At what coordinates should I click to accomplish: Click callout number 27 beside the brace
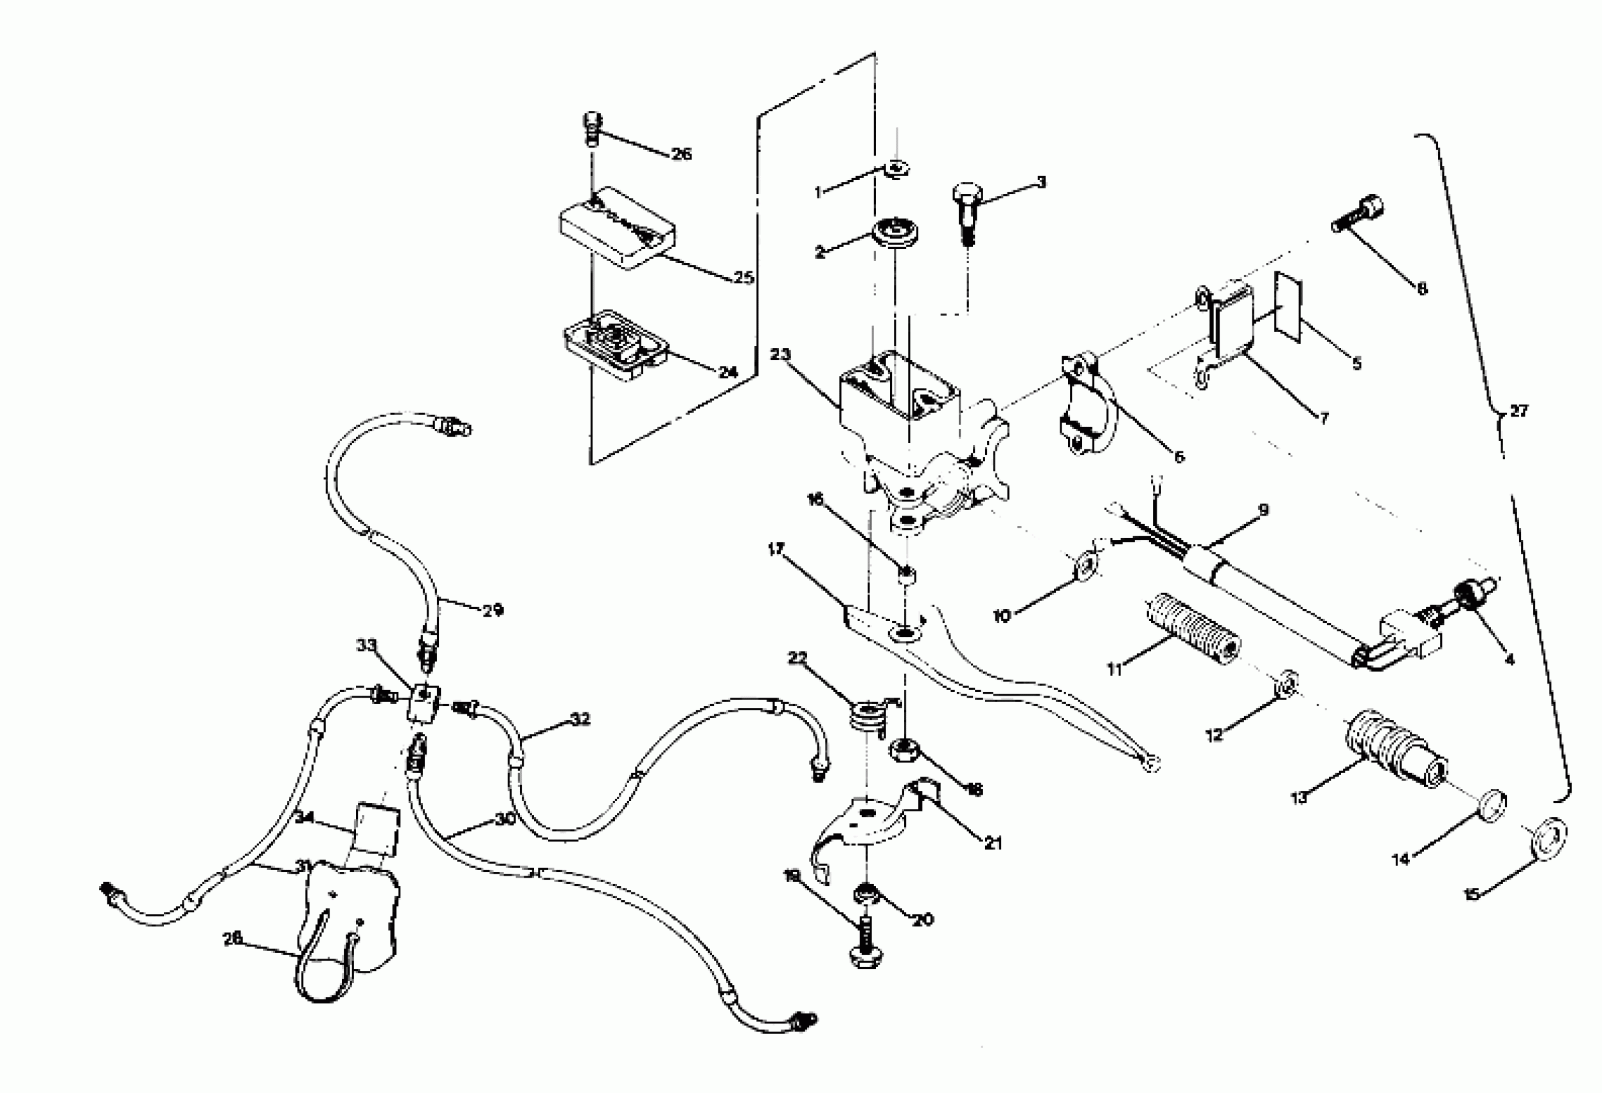[1519, 411]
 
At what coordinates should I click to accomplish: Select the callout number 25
[743, 278]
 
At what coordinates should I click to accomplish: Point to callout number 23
[780, 354]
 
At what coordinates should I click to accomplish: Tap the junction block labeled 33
[425, 703]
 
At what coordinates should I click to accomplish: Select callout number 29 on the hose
[492, 610]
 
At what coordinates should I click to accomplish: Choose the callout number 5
[1357, 363]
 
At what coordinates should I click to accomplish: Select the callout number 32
[580, 719]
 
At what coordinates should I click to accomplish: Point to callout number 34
[305, 817]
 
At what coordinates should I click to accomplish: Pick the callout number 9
[1263, 510]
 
